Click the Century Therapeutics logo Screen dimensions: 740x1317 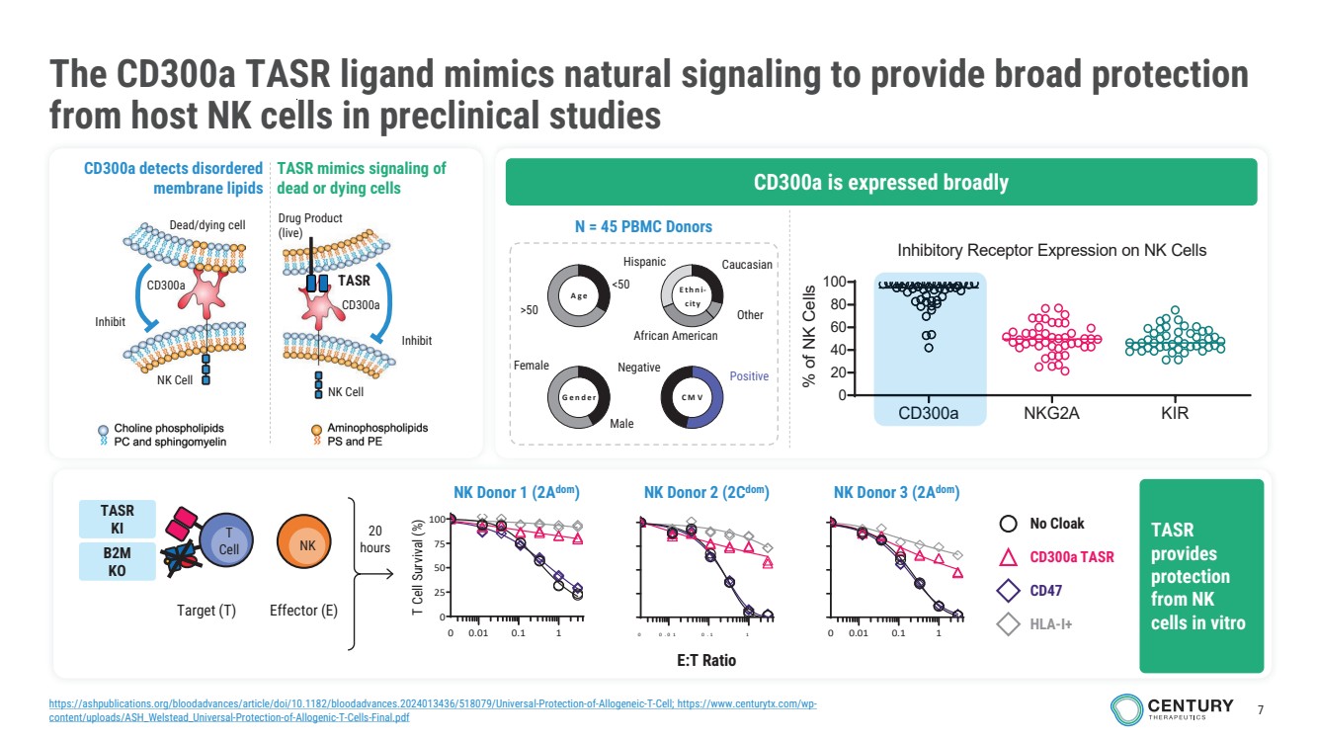(x=1172, y=708)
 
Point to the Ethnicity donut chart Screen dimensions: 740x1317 (x=692, y=296)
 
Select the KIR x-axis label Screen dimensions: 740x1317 (x=1175, y=414)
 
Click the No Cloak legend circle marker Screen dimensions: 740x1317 (x=1008, y=524)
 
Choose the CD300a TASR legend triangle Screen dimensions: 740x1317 (x=1008, y=557)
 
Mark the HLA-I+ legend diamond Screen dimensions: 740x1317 (x=1008, y=624)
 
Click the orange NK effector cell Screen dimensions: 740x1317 (x=306, y=544)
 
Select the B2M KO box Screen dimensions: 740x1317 (x=117, y=561)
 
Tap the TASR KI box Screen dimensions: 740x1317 (x=117, y=518)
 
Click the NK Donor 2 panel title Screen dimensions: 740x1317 (x=705, y=492)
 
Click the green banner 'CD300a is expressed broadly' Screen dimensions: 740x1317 (x=880, y=182)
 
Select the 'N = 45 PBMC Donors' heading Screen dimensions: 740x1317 (x=643, y=226)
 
